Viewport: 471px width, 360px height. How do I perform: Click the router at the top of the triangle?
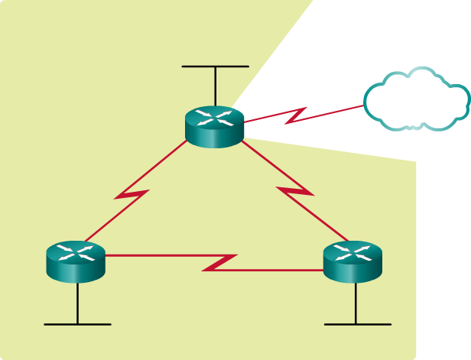click(x=215, y=127)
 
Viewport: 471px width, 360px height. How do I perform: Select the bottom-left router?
click(x=76, y=261)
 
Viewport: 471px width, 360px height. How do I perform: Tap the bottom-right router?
click(x=352, y=261)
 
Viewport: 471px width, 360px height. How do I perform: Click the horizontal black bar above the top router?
click(x=215, y=66)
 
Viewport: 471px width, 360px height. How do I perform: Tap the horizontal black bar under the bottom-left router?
click(x=77, y=324)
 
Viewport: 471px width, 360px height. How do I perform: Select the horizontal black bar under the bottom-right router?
click(x=357, y=324)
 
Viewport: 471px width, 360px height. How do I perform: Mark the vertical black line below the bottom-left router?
click(x=77, y=302)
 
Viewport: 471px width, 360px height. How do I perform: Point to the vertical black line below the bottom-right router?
click(x=356, y=302)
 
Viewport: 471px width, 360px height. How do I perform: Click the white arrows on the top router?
click(x=215, y=117)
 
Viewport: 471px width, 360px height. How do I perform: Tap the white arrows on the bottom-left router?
click(x=76, y=251)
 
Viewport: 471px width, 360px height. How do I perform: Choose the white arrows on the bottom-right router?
click(x=352, y=251)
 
